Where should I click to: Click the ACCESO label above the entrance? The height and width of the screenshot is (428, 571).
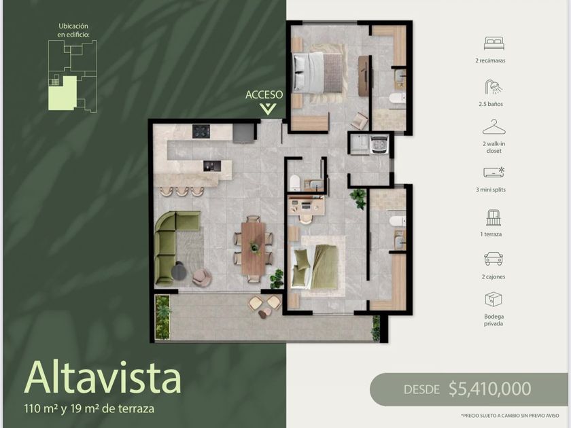264,94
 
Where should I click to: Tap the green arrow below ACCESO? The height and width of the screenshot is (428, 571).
268,109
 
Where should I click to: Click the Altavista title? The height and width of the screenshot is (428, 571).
103,378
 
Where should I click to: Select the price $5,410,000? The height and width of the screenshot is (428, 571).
490,389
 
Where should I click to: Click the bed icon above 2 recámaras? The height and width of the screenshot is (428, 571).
494,43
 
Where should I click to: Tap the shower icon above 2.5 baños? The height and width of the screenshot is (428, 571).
494,88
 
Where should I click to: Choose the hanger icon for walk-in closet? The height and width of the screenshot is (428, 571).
494,128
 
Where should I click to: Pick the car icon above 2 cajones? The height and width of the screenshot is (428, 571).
494,259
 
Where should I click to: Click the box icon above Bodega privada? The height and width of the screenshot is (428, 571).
494,300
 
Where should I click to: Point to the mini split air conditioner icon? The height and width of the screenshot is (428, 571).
494,172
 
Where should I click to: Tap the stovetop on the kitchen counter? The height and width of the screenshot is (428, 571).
201,131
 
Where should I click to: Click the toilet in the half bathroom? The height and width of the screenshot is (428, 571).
294,182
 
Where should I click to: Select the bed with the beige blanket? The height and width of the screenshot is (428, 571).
318,72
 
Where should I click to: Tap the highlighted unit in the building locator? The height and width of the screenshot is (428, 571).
63,93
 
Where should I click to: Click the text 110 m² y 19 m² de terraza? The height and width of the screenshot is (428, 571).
89,408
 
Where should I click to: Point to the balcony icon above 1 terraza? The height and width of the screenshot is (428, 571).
494,217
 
